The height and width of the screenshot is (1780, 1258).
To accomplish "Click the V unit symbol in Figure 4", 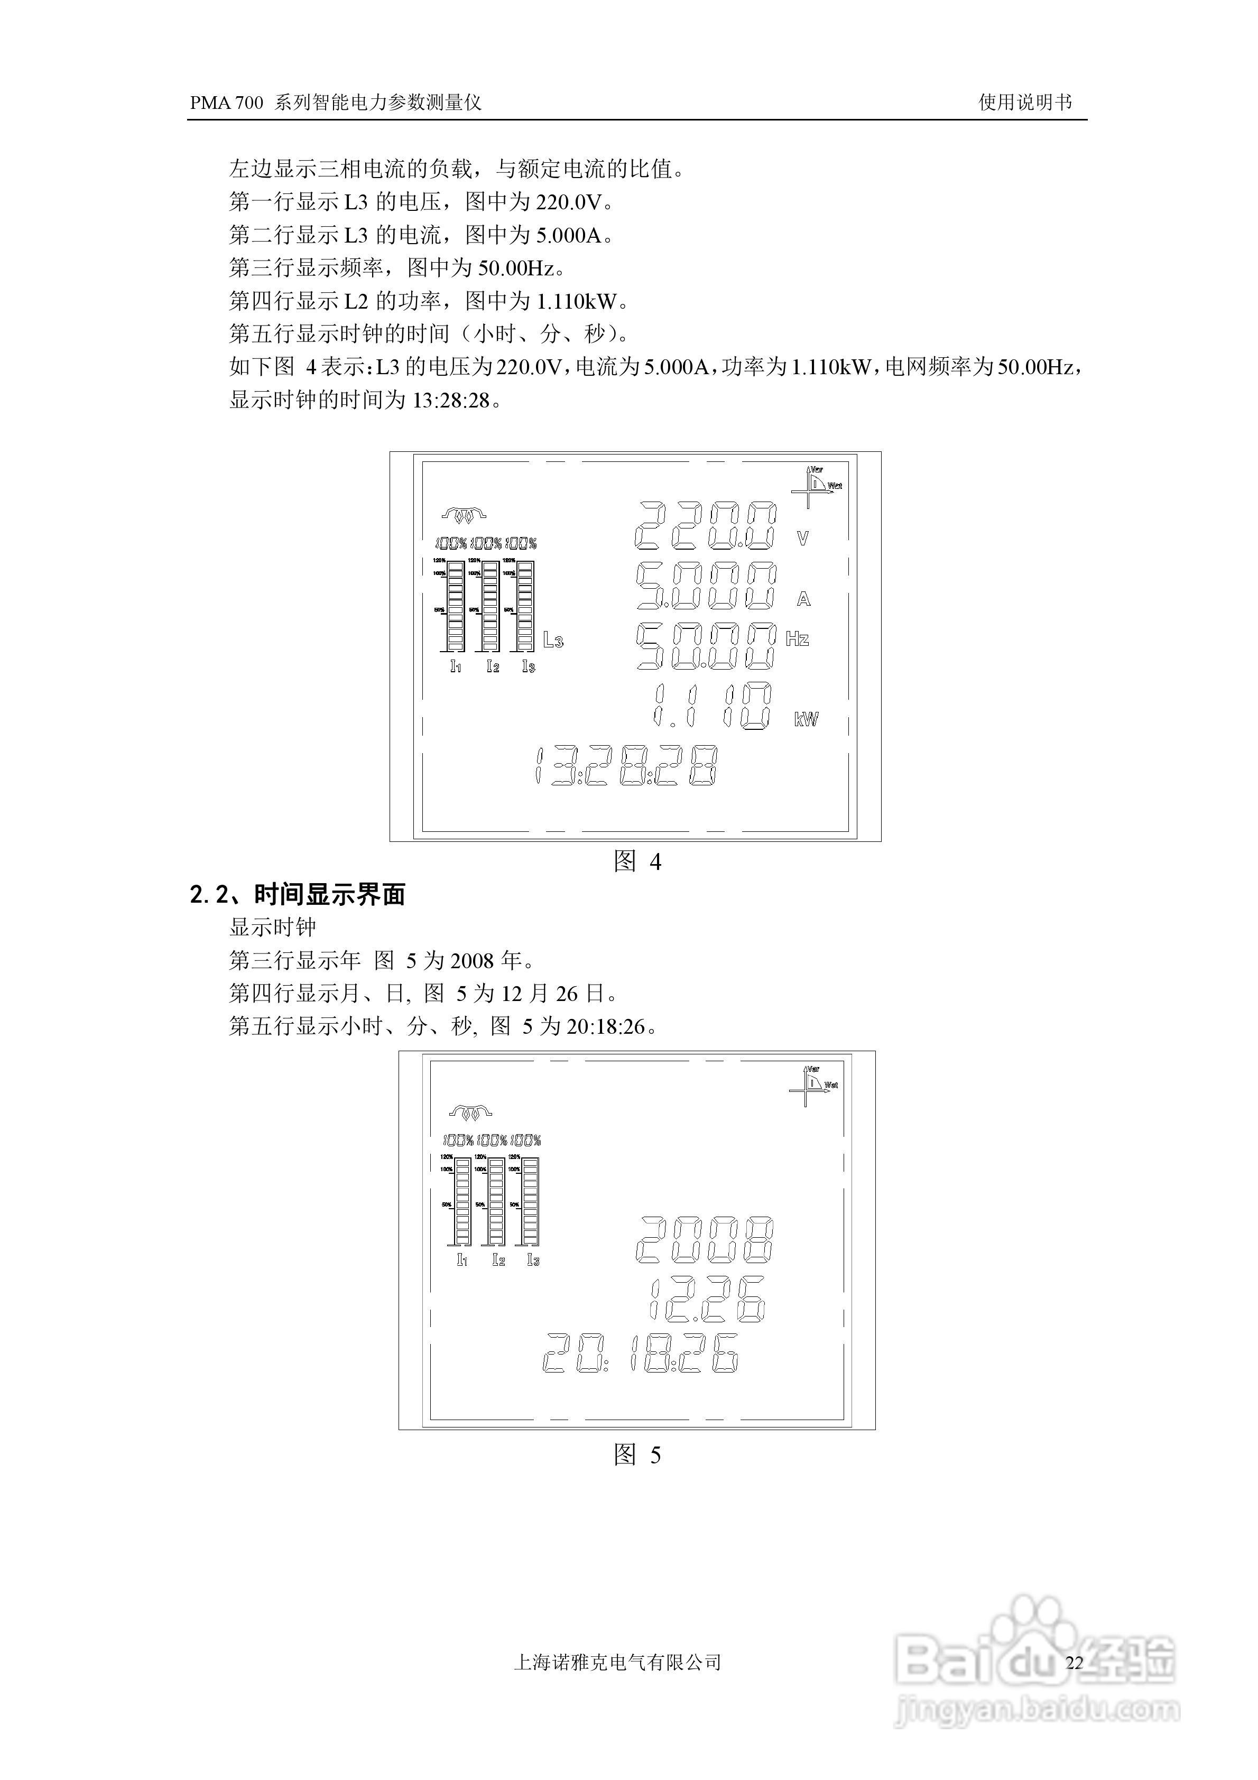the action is [803, 538].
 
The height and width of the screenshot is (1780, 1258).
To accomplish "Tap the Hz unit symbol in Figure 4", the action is [797, 639].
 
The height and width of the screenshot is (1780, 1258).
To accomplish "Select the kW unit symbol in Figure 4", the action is [806, 719].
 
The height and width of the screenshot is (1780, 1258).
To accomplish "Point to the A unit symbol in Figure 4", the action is [803, 599].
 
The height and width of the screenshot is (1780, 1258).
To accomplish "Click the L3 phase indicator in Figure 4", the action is [552, 639].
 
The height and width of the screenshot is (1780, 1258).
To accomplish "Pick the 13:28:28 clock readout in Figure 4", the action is [626, 767].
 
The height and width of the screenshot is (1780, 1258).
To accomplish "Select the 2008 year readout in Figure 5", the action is [704, 1240].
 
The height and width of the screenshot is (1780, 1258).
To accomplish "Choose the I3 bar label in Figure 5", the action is [533, 1260].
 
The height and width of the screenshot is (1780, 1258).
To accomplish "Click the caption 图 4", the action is [637, 861].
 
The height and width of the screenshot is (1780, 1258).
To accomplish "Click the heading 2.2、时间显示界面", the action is [298, 895].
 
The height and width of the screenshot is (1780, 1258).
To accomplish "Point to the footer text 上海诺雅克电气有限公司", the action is [617, 1662].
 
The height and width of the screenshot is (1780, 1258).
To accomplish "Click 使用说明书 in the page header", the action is [1024, 103].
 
